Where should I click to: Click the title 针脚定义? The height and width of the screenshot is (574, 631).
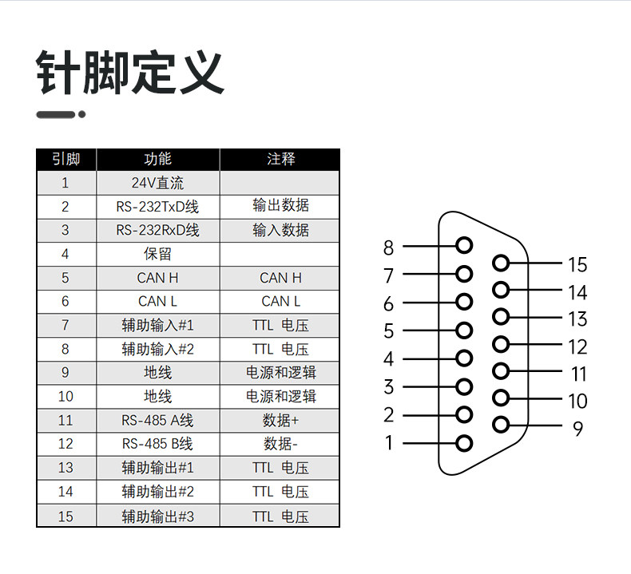[130, 73]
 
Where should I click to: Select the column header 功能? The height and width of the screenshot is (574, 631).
[158, 159]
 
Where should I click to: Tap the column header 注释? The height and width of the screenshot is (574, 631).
[280, 159]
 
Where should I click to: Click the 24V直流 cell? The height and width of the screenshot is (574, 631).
[158, 183]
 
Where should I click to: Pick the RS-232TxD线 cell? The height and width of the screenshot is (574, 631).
[158, 207]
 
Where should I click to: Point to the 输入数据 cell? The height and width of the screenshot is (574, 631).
[280, 230]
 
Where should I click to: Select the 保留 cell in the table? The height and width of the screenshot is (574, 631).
[158, 254]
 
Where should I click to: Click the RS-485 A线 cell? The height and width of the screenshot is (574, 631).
[158, 421]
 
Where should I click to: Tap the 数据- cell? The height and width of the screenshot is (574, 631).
[280, 444]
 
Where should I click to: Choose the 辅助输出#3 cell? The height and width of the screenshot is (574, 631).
[158, 516]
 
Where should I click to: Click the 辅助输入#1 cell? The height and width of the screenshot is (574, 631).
[158, 325]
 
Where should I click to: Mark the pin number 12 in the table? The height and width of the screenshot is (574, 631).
[65, 444]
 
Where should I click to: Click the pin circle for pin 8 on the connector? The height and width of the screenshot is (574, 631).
[464, 245]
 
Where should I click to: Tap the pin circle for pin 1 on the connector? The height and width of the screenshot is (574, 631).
[464, 443]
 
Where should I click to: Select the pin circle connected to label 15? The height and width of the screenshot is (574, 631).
[501, 263]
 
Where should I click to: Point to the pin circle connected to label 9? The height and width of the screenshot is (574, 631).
[501, 425]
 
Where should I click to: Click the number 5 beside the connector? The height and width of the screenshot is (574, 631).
[389, 331]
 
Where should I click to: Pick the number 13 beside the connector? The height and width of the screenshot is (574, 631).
[577, 319]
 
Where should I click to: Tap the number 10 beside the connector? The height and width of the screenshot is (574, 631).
[577, 401]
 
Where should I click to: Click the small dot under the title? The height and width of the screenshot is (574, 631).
[82, 115]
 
